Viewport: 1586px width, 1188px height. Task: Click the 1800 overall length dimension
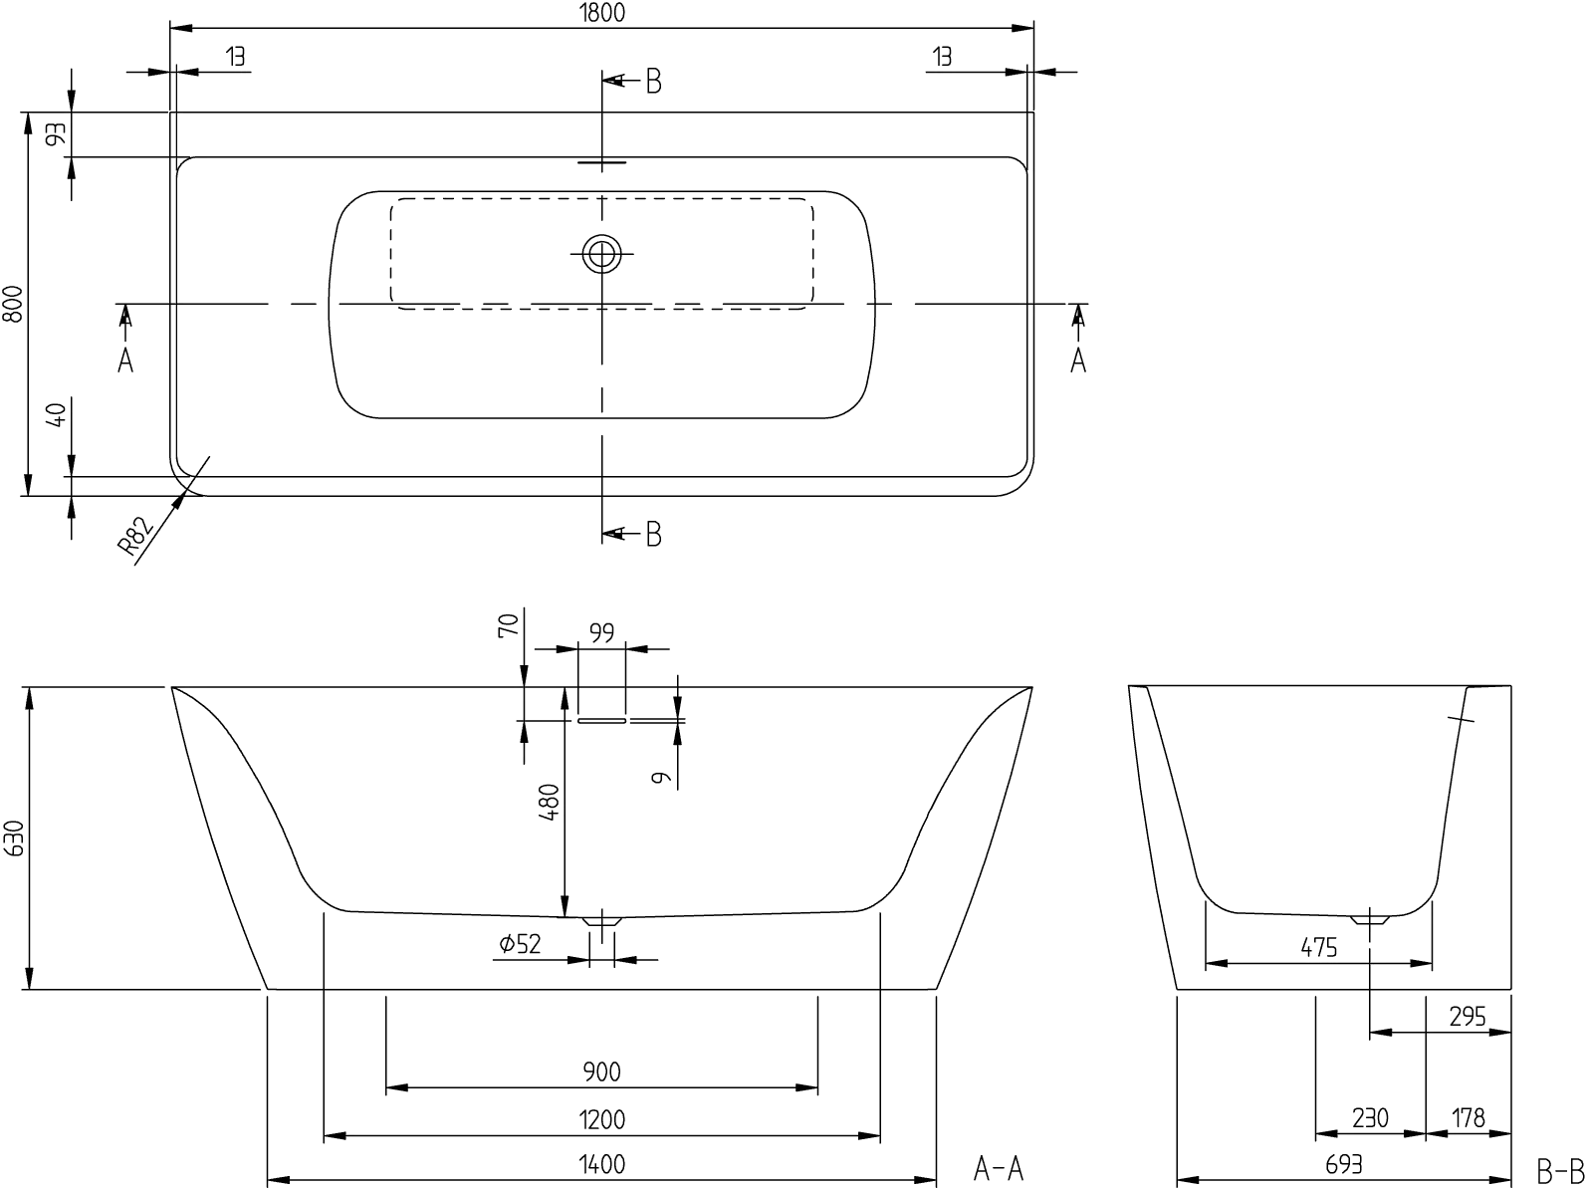point(602,12)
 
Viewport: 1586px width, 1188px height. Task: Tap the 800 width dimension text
point(13,305)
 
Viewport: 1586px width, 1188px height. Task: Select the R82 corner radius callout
point(135,536)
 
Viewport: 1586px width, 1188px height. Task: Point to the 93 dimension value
point(57,133)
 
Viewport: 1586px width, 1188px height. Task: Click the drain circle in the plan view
point(602,254)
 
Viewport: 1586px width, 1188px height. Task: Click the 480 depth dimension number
point(550,802)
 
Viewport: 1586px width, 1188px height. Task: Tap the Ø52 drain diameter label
point(520,944)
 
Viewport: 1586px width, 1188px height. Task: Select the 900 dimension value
point(602,1070)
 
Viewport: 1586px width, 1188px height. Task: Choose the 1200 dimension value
point(602,1119)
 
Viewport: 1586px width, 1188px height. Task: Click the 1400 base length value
point(602,1164)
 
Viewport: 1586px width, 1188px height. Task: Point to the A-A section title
point(999,1168)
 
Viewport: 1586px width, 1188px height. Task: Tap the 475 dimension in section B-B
point(1318,947)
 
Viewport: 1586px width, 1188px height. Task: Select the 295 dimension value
point(1468,1017)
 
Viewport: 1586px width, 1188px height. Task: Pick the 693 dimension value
point(1344,1164)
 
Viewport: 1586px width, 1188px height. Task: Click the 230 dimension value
point(1370,1118)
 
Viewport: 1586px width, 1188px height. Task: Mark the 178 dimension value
point(1469,1118)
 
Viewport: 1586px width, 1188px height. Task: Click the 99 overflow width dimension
point(602,632)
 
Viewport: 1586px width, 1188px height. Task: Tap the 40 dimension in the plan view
point(57,415)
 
